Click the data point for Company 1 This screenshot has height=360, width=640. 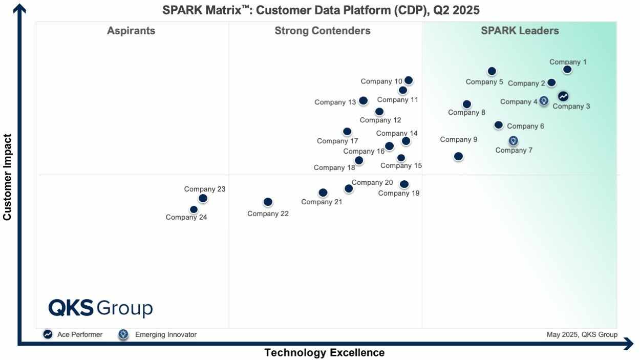click(x=567, y=70)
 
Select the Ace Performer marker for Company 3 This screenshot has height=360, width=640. click(x=563, y=96)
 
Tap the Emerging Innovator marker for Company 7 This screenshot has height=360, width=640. click(x=513, y=140)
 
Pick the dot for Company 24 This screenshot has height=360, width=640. click(x=194, y=209)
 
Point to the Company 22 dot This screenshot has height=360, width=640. click(x=268, y=202)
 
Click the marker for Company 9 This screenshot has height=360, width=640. click(x=458, y=156)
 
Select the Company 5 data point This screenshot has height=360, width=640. click(x=492, y=71)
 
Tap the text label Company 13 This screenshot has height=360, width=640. click(x=335, y=102)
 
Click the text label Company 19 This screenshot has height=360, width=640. click(x=398, y=193)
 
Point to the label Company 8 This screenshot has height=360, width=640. click(x=466, y=113)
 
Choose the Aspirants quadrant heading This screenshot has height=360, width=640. click(x=131, y=31)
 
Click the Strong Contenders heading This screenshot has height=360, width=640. click(x=323, y=31)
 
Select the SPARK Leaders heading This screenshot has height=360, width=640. click(x=520, y=31)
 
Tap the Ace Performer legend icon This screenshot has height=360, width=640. click(x=48, y=334)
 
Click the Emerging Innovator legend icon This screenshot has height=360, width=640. click(x=123, y=334)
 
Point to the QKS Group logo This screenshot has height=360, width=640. click(x=100, y=308)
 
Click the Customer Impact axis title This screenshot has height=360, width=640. click(x=7, y=177)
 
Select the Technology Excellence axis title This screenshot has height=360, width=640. click(x=324, y=353)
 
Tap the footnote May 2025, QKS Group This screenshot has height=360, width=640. click(x=582, y=334)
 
